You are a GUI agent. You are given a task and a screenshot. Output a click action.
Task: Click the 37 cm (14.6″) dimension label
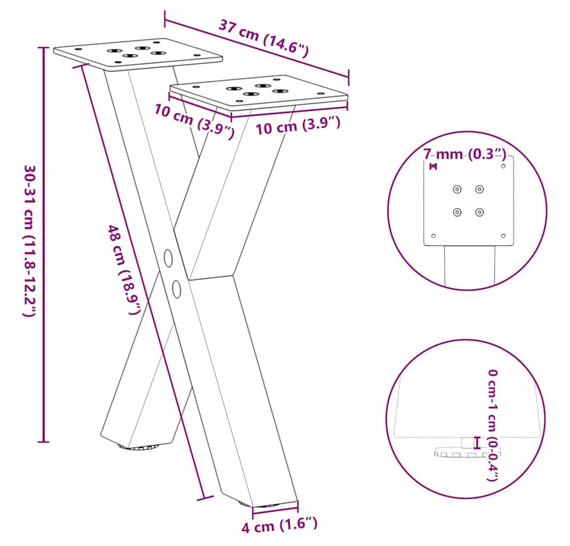263,39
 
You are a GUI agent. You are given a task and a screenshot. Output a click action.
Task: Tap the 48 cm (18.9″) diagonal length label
124,270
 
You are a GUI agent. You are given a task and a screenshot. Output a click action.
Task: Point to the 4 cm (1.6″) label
279,525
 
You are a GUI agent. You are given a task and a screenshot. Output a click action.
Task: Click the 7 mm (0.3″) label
464,154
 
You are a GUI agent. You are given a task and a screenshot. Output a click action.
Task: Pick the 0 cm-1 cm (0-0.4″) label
493,425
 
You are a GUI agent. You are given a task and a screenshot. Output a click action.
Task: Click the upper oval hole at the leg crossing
168,258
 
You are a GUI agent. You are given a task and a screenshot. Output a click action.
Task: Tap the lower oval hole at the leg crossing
176,289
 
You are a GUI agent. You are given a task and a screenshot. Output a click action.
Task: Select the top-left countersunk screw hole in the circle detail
457,189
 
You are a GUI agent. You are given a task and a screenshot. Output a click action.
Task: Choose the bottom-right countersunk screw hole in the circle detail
479,212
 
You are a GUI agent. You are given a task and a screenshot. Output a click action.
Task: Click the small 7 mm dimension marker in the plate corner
433,166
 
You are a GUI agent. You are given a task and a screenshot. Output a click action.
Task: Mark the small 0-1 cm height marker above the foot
477,443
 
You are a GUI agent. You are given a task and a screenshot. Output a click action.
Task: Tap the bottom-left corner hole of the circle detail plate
433,236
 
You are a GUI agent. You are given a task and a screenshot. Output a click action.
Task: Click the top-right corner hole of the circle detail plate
503,166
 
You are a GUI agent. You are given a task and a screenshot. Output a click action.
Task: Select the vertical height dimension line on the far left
44,245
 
